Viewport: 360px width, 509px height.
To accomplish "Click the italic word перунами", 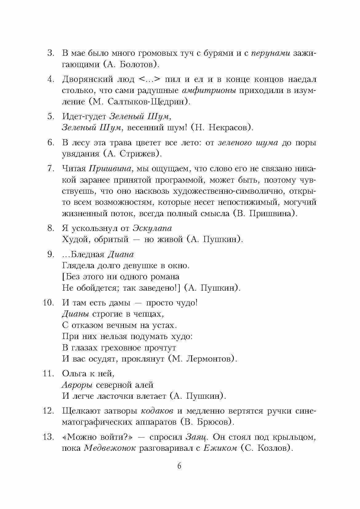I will (x=271, y=53).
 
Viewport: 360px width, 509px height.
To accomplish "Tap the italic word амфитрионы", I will (x=209, y=91).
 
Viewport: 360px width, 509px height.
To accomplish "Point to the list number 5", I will (x=51, y=116).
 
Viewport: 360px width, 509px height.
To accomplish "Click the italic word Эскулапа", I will (x=152, y=228).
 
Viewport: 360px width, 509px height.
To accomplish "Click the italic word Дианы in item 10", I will (x=75, y=314).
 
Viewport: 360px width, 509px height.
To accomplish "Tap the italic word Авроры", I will (x=77, y=385).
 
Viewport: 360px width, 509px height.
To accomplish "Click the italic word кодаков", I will (x=157, y=411).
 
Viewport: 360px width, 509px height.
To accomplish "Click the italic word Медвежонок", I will (x=110, y=448).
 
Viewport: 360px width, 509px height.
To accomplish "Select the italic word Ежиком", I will (x=220, y=448).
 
